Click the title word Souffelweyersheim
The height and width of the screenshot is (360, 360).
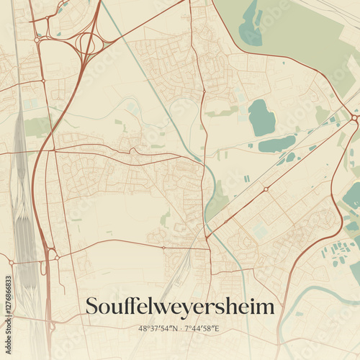tap(180, 307)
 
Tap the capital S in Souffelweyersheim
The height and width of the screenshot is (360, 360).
tap(91, 307)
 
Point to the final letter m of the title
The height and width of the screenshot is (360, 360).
tap(267, 307)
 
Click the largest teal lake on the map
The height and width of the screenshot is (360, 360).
tap(261, 117)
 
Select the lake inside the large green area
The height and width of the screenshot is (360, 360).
tap(251, 25)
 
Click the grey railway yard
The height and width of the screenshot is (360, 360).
tap(22, 216)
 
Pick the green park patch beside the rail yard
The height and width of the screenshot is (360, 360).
tap(37, 127)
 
